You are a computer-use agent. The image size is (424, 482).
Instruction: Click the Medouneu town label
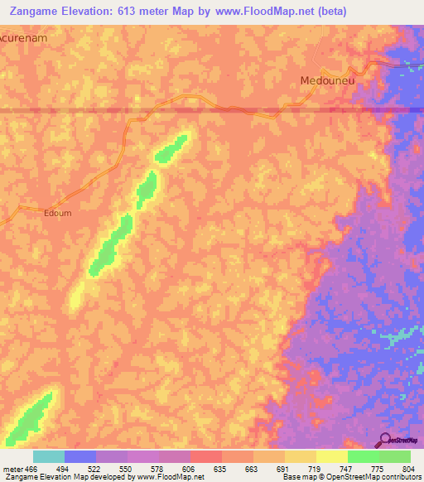point(324,80)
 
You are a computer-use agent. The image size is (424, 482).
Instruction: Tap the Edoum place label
point(57,213)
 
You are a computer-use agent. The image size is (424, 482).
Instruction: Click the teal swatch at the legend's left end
point(48,456)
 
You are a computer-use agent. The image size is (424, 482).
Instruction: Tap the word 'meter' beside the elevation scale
point(11,468)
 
